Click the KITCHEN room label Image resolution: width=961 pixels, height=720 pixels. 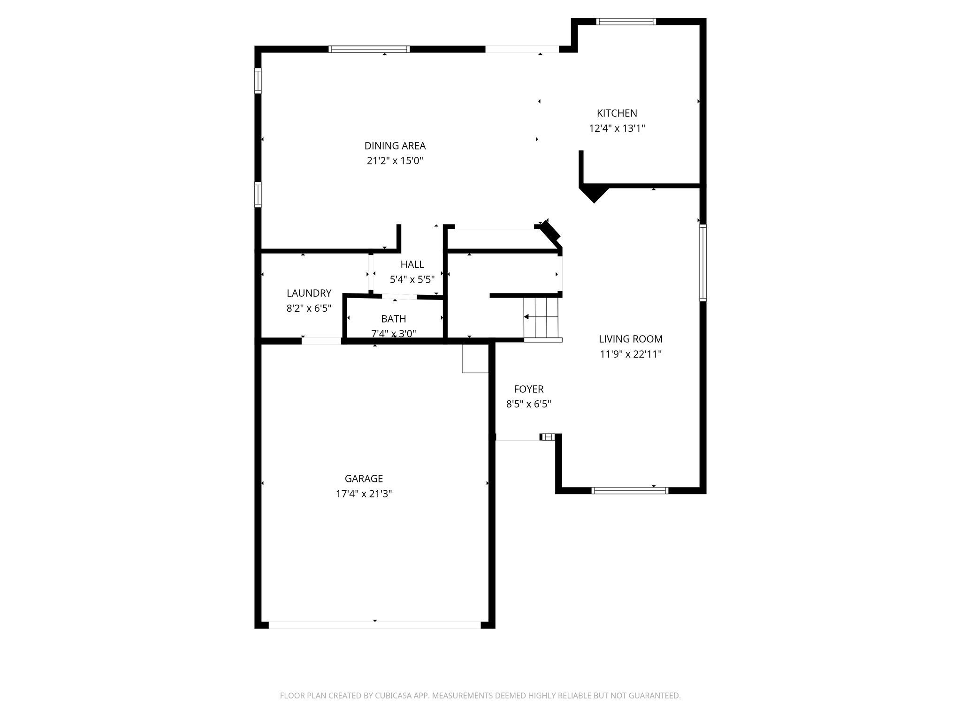pos(617,113)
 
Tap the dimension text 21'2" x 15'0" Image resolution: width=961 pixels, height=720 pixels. pos(395,161)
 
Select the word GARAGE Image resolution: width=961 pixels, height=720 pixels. pos(364,479)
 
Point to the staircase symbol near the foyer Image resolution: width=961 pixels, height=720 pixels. pos(542,317)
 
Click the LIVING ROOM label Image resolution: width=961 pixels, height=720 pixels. pos(631,339)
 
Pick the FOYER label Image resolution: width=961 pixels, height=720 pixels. pos(528,389)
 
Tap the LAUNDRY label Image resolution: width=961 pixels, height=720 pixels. pos(309,293)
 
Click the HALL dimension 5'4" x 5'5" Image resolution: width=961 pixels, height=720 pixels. pos(412,279)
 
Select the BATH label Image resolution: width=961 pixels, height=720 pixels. pos(393,319)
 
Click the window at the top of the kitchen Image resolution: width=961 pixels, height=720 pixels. pos(625,22)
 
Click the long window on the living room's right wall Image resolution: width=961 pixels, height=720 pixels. pos(702,262)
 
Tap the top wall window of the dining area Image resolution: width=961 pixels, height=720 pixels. pos(369,49)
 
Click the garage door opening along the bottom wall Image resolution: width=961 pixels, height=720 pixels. pos(374,625)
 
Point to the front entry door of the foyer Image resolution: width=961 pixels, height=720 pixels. pos(518,440)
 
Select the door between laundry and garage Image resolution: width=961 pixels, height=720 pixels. pos(321,341)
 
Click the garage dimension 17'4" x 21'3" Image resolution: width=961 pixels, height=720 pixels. pos(364,494)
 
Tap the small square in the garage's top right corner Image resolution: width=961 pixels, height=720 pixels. pos(475,359)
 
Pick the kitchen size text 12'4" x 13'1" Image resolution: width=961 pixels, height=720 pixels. pos(617,128)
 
